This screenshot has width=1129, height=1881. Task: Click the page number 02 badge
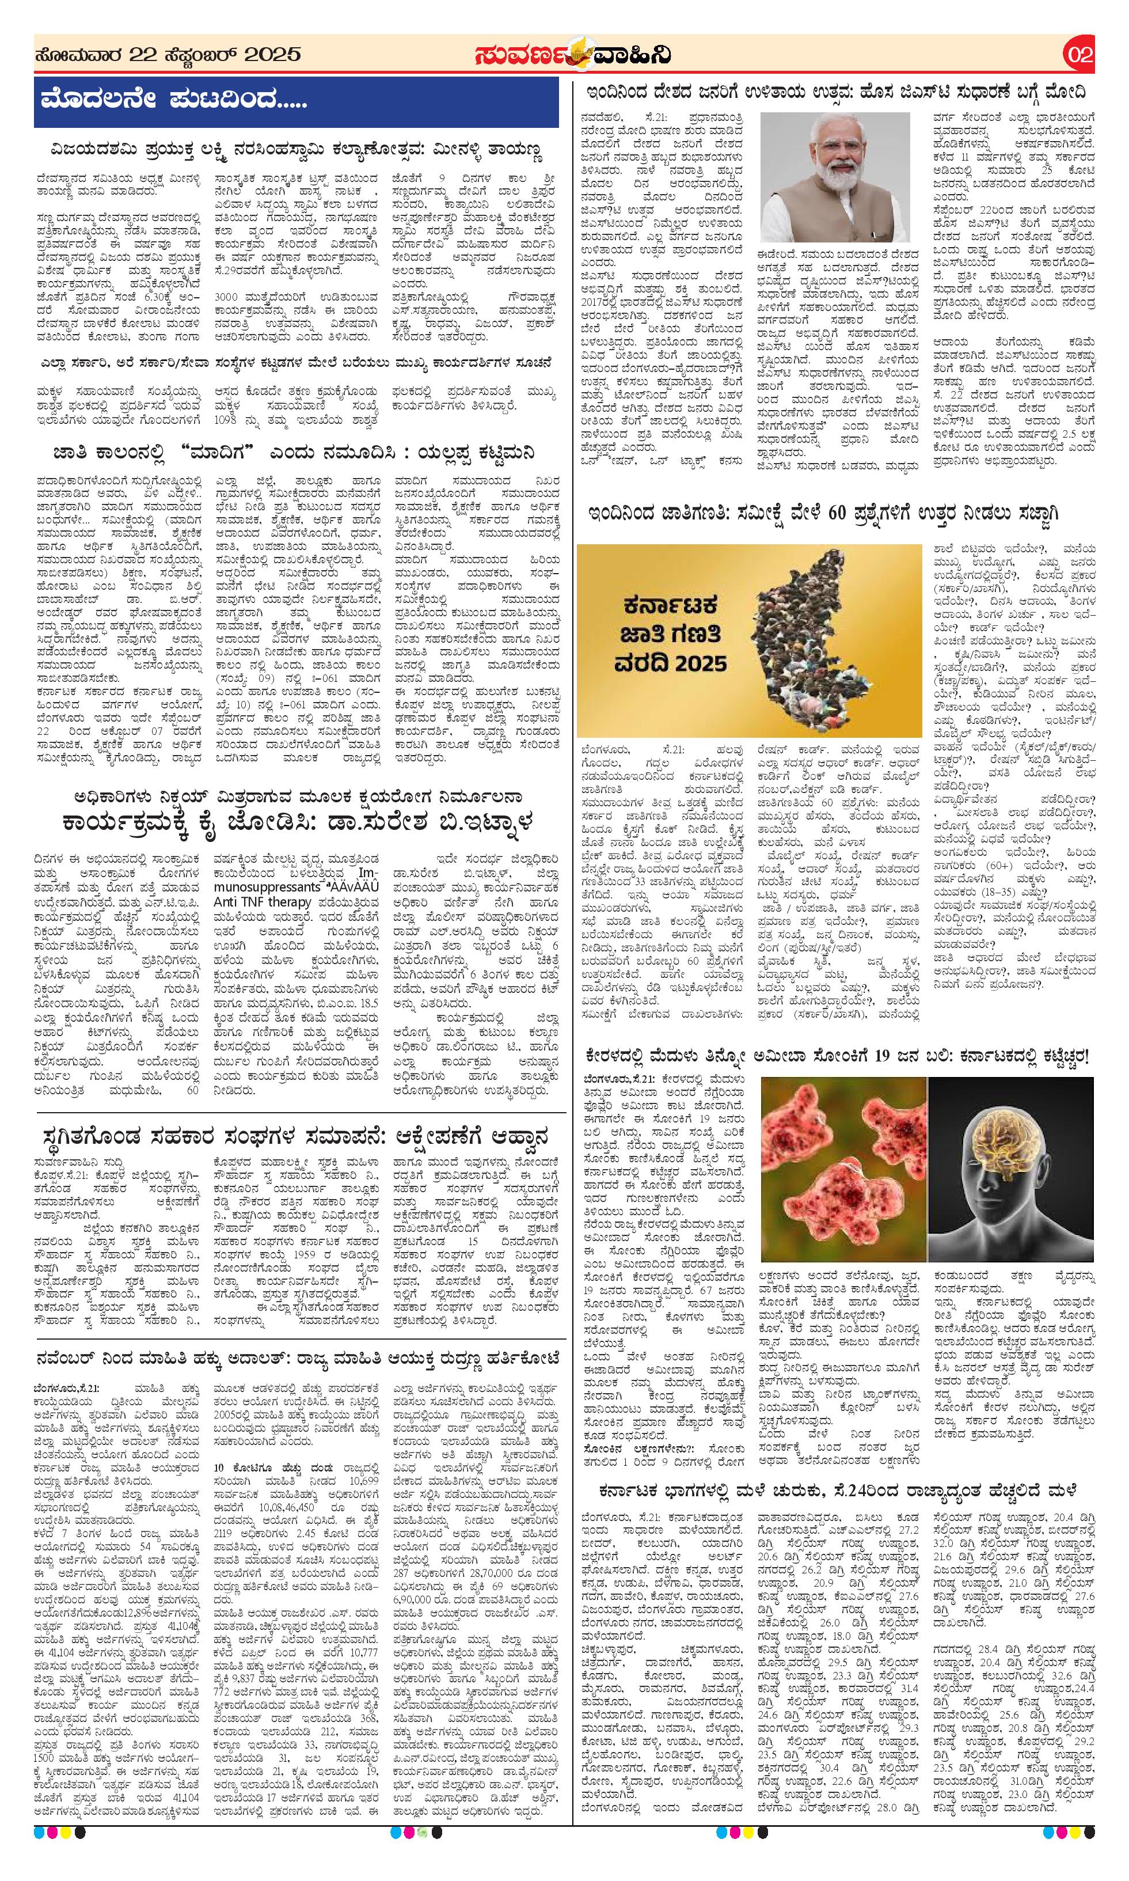[1079, 55]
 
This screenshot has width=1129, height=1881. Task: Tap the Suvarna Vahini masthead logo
[571, 55]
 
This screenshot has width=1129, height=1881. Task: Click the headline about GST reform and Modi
[835, 92]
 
